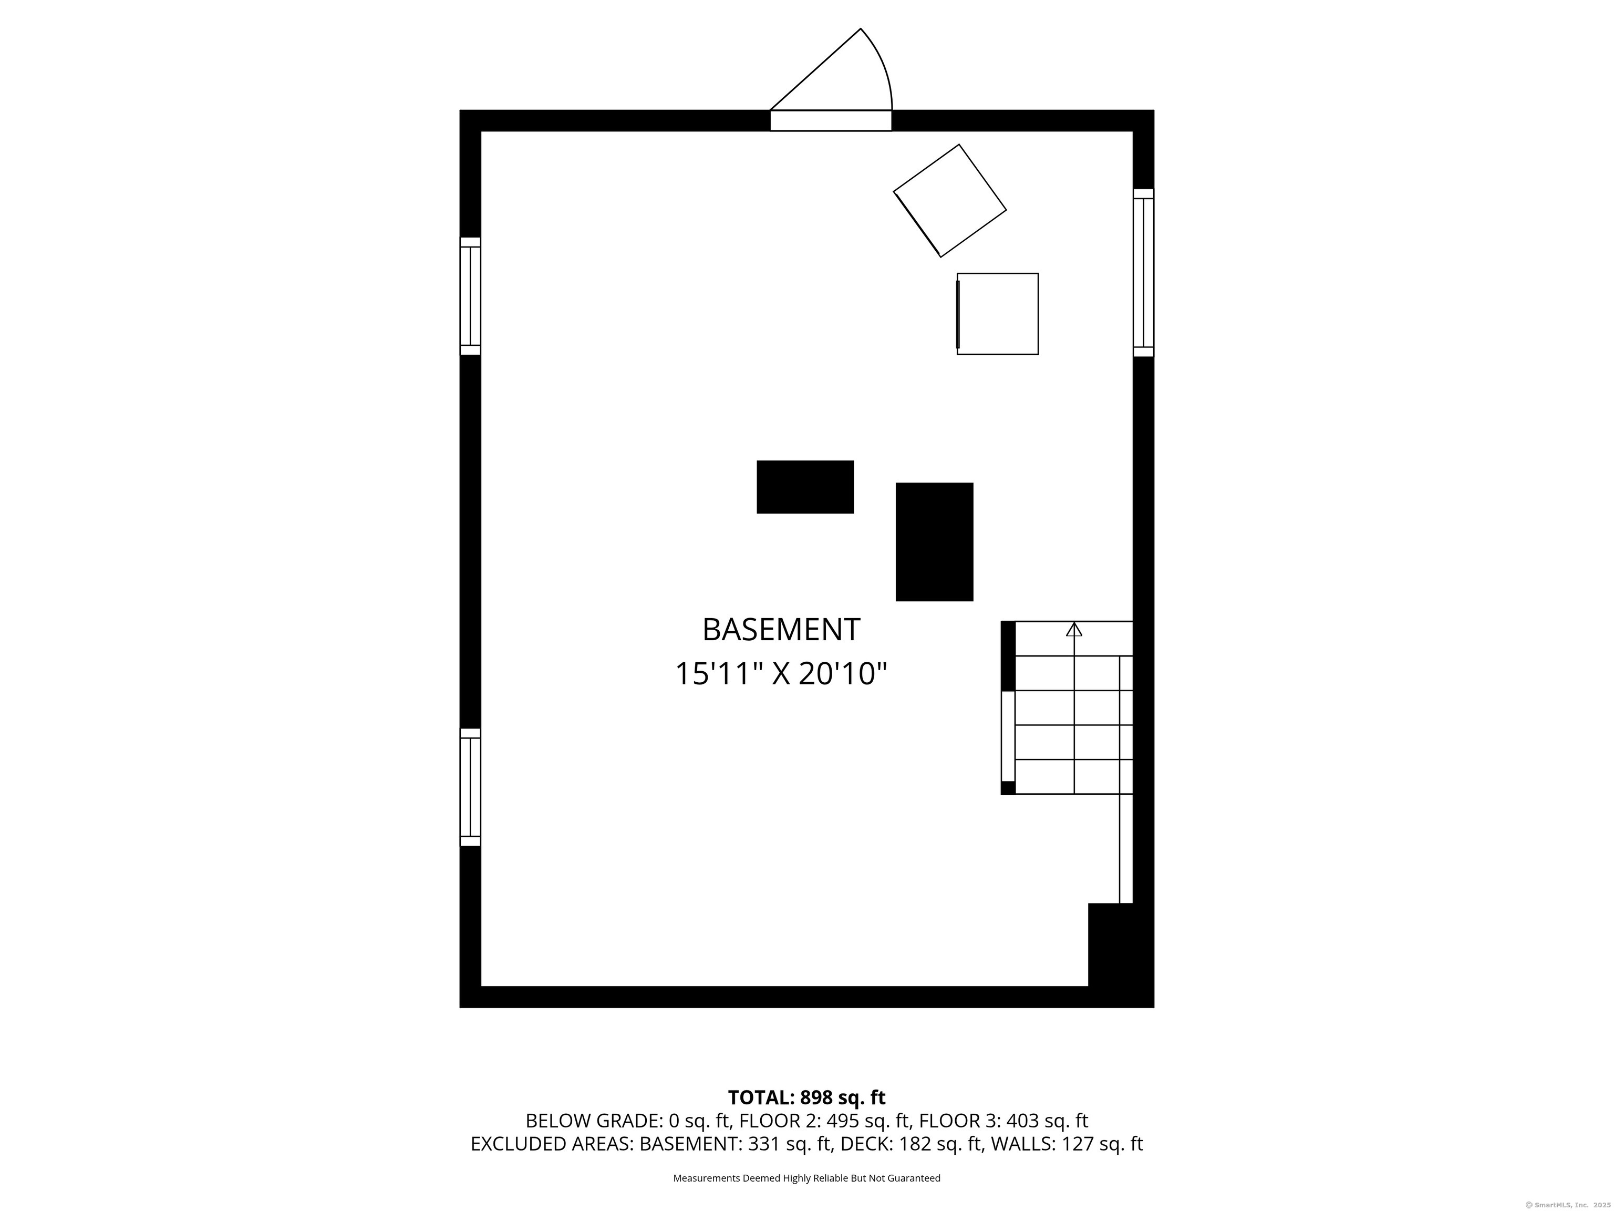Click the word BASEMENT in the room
(781, 629)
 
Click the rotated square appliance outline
(950, 201)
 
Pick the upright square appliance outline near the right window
(997, 314)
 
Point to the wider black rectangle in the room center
(805, 487)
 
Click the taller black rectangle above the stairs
(934, 541)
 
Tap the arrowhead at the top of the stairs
(1074, 629)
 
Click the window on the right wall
(1143, 273)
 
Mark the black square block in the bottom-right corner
(1121, 955)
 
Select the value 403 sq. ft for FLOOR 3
(1047, 1121)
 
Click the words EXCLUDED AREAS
(551, 1144)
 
